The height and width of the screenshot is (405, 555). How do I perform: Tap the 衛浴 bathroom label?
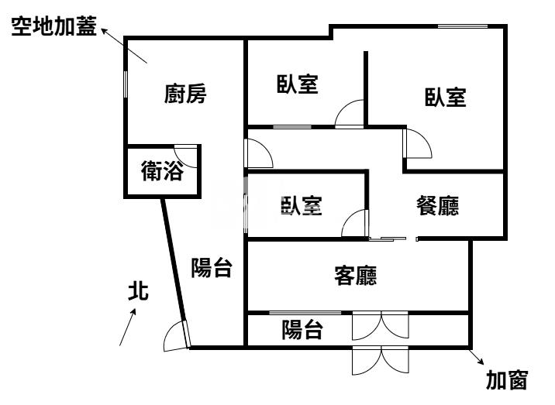click(163, 171)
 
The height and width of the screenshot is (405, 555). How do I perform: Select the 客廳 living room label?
click(355, 275)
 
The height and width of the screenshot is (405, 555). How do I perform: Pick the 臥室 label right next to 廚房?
click(298, 84)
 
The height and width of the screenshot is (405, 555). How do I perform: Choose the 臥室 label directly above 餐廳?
click(445, 98)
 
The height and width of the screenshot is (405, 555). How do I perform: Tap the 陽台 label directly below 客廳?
click(302, 330)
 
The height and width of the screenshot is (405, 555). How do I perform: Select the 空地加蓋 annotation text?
click(53, 28)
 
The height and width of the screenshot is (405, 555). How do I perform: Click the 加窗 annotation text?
click(507, 380)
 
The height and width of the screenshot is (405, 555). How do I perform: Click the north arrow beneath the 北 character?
click(128, 327)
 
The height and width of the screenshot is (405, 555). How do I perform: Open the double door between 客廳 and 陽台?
click(380, 325)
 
